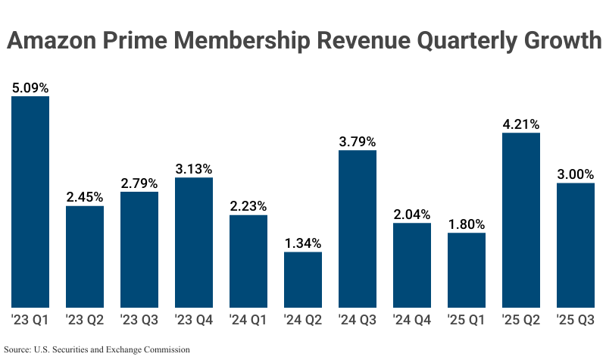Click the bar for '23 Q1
click(30, 202)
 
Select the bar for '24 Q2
click(303, 280)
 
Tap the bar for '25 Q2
click(521, 220)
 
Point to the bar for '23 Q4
click(194, 243)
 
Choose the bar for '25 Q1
click(467, 270)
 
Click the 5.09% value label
click(30, 87)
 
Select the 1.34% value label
click(303, 243)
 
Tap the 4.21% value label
click(521, 124)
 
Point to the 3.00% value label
click(576, 174)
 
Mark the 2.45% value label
click(85, 197)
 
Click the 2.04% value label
click(412, 214)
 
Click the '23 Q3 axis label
click(139, 321)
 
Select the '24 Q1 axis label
click(248, 321)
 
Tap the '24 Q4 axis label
click(412, 321)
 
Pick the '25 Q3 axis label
click(576, 321)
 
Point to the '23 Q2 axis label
click(85, 321)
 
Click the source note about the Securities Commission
click(96, 350)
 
